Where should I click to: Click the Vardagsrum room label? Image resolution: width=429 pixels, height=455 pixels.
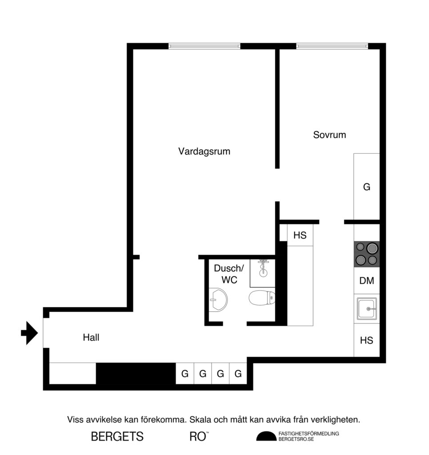(x=204, y=151)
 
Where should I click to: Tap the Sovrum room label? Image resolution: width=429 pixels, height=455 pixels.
(x=329, y=135)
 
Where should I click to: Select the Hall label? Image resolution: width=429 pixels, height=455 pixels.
(x=91, y=338)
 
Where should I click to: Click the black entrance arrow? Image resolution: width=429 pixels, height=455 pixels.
(x=30, y=333)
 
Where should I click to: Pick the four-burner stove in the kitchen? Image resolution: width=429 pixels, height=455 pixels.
(x=367, y=254)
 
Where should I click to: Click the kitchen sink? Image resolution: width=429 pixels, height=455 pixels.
(x=367, y=308)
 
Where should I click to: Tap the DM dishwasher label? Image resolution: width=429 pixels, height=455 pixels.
(x=367, y=281)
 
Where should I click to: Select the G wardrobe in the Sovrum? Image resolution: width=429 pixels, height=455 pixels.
(x=367, y=187)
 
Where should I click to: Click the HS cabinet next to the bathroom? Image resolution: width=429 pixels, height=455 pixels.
(x=300, y=235)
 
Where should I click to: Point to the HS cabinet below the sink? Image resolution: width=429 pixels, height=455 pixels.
(x=367, y=341)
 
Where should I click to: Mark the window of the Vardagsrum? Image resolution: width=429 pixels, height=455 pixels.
(x=204, y=46)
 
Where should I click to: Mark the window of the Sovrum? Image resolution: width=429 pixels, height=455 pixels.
(x=332, y=46)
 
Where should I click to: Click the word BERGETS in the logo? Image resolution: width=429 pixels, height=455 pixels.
(x=117, y=437)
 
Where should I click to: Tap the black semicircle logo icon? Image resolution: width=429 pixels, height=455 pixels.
(x=266, y=436)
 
